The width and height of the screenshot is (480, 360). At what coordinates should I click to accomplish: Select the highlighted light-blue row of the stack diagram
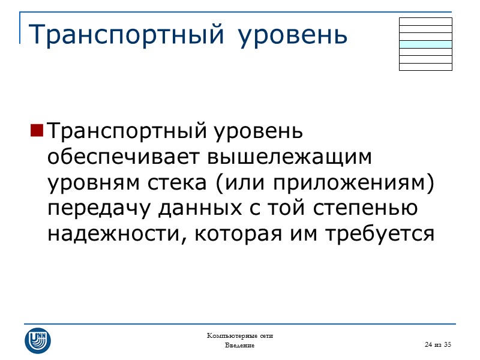[425, 44]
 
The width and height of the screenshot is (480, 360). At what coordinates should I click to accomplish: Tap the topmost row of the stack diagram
[425, 21]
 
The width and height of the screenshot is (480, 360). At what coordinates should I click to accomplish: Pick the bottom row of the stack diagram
[425, 67]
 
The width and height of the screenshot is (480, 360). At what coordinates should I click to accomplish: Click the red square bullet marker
[37, 130]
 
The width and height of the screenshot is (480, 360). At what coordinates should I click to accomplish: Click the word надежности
[110, 234]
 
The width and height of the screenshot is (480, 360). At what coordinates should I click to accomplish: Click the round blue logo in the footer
[38, 340]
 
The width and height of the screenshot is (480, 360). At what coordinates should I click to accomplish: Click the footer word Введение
[240, 346]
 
